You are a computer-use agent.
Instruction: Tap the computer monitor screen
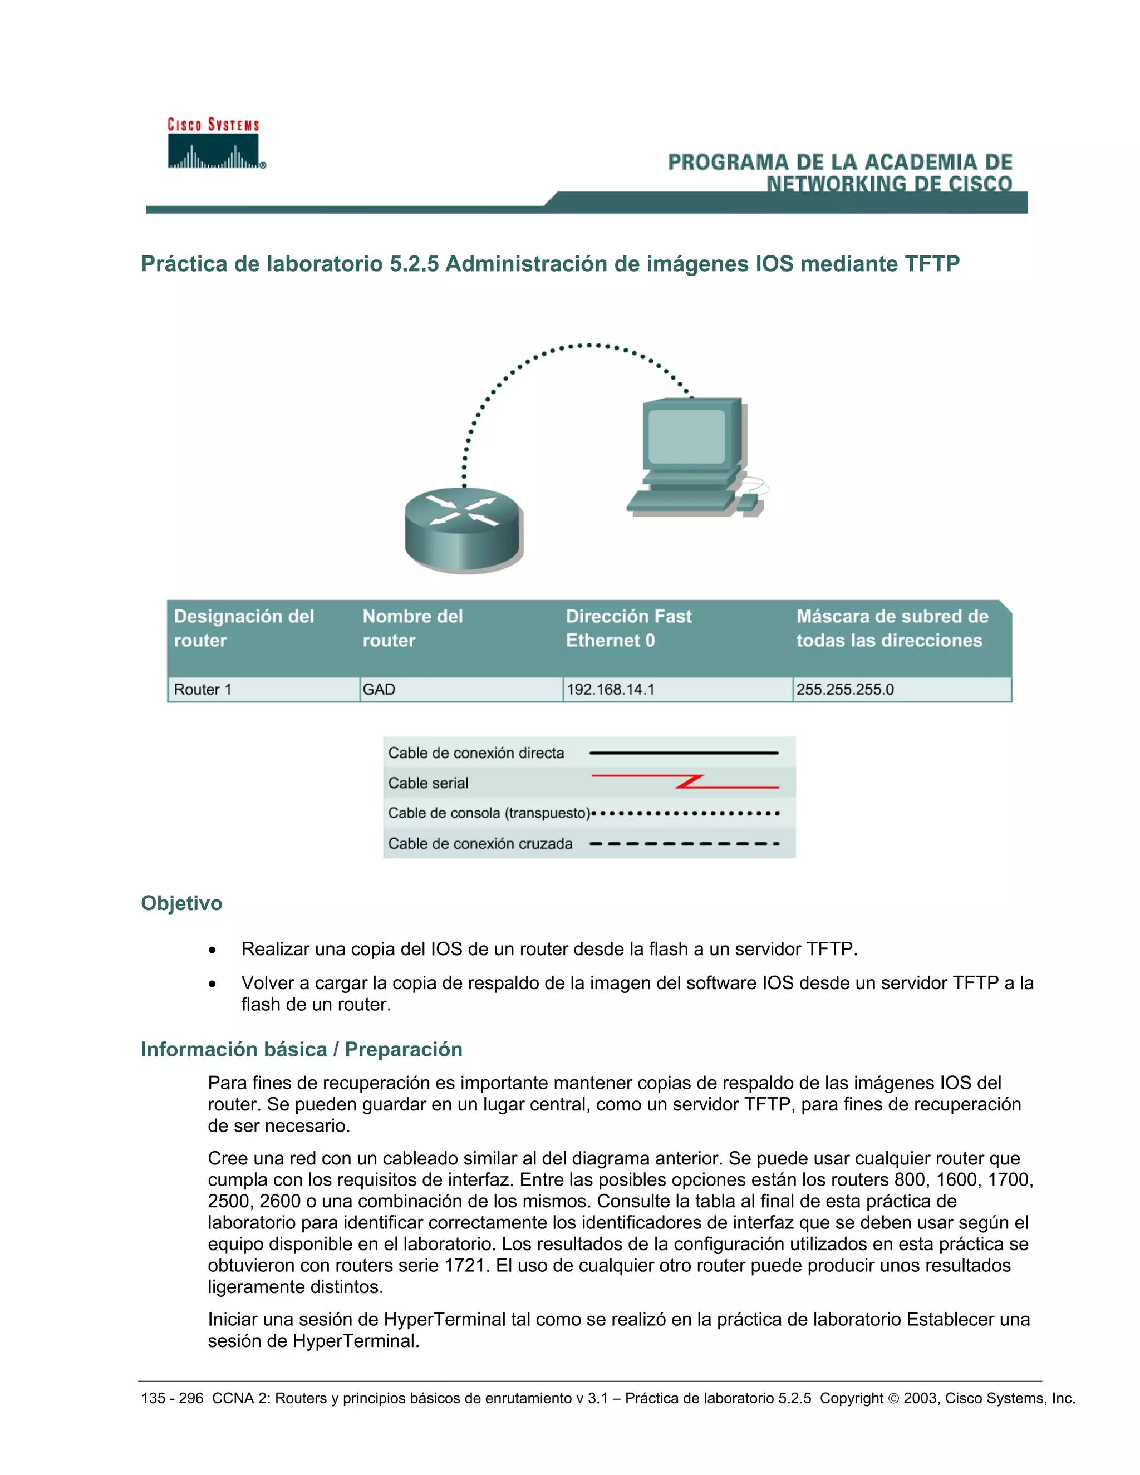[686, 436]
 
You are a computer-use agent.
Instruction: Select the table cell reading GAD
[379, 690]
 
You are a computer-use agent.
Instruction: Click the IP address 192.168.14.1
[611, 690]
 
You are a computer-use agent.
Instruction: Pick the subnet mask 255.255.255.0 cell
[845, 690]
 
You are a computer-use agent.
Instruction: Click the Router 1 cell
[203, 690]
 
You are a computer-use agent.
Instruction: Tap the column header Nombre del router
[412, 628]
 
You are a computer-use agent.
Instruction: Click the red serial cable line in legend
[685, 782]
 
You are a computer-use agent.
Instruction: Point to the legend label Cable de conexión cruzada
[480, 843]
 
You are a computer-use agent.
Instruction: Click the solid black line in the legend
[684, 753]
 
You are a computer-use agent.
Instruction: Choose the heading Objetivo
[181, 903]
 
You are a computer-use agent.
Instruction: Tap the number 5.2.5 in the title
[414, 263]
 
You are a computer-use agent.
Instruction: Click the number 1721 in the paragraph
[465, 1265]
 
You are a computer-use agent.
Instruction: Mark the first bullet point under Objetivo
[213, 950]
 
